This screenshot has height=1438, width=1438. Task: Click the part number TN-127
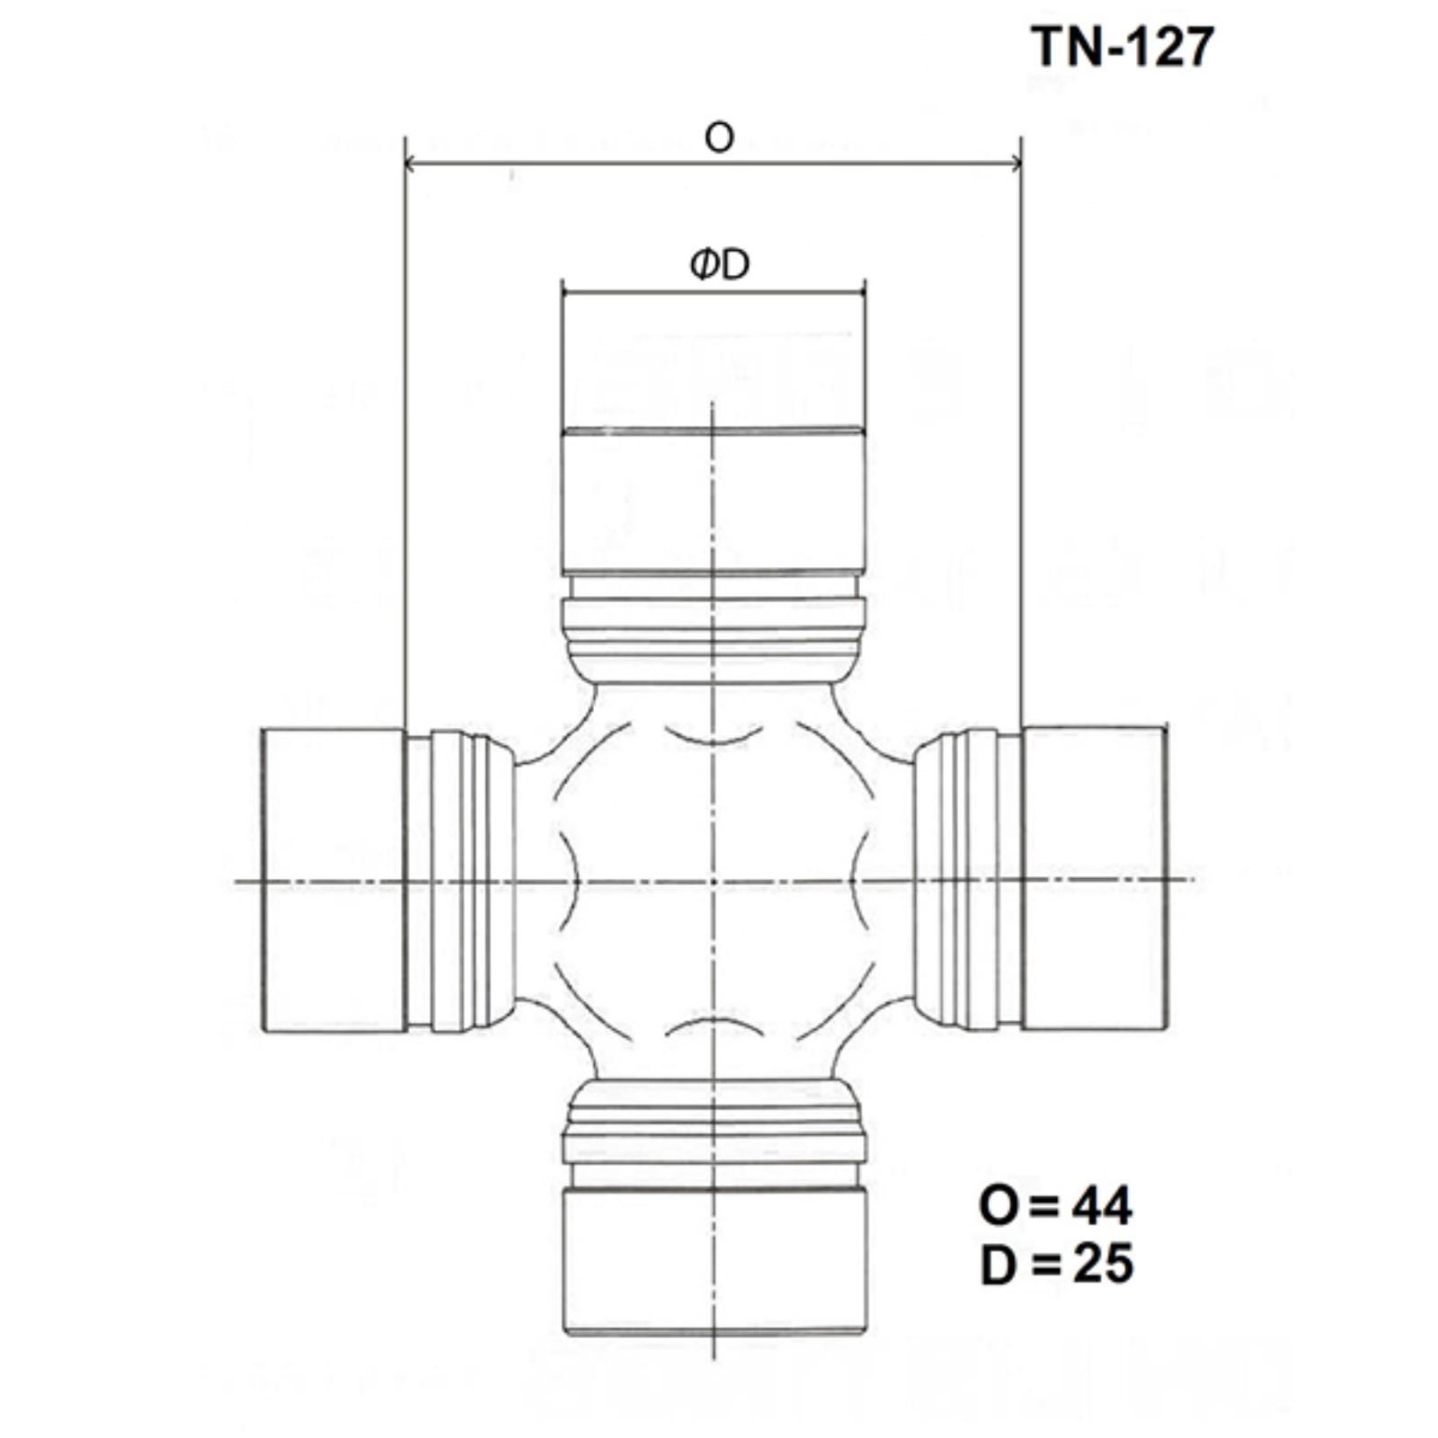1123,47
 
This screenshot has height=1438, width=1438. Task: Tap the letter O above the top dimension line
719,138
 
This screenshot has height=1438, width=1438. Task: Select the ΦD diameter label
720,264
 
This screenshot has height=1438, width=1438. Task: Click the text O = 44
1055,1205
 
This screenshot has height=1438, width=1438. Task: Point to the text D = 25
1057,1264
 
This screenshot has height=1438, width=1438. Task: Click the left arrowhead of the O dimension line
411,163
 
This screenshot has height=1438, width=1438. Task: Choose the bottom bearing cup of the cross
715,1261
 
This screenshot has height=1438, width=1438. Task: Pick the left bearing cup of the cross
333,880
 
